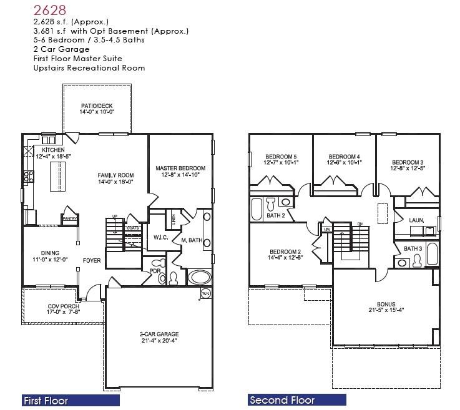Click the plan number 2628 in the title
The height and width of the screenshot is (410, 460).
[50, 11]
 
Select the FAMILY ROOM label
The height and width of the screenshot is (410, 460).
[115, 175]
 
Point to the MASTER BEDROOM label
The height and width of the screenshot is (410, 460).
[180, 168]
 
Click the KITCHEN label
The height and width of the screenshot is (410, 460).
[54, 150]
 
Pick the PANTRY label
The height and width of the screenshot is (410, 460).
[69, 218]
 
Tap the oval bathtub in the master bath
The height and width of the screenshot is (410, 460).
[202, 277]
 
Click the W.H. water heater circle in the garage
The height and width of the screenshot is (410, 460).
[205, 293]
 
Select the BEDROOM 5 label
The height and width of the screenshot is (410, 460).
[281, 157]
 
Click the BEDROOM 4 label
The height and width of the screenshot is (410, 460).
[344, 157]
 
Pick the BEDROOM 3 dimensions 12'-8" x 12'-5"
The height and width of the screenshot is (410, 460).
[407, 168]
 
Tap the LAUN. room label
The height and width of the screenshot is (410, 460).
[416, 220]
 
